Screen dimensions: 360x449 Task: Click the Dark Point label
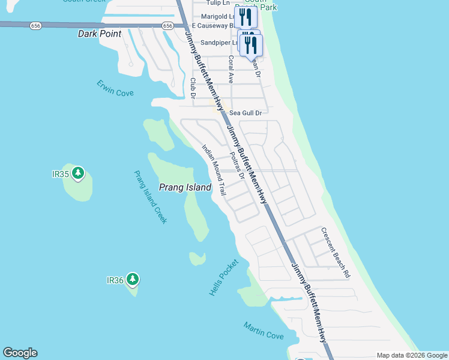click(x=100, y=34)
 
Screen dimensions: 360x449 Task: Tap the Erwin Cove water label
click(x=115, y=88)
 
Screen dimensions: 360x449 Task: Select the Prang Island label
click(x=185, y=187)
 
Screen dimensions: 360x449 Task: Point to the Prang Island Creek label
click(x=150, y=197)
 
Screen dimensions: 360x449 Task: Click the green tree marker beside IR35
click(x=77, y=174)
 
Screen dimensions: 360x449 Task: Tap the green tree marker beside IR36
click(x=132, y=279)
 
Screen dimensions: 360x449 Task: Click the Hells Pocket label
click(x=224, y=277)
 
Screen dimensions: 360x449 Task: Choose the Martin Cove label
click(x=264, y=331)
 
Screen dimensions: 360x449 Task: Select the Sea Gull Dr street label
click(x=246, y=113)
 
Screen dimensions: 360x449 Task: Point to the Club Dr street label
click(x=193, y=88)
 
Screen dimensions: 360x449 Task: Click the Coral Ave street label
click(x=231, y=70)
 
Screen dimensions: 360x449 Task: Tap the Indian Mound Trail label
click(x=213, y=170)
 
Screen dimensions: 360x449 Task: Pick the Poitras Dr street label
click(x=237, y=165)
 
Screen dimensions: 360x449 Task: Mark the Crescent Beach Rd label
click(x=335, y=253)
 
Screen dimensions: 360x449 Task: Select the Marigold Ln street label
click(x=215, y=16)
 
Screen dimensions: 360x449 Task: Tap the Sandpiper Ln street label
click(x=219, y=43)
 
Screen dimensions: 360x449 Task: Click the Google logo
click(x=20, y=353)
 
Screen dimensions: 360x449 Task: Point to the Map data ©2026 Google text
click(x=412, y=355)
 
